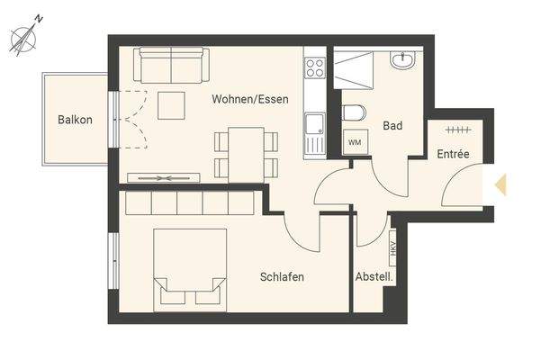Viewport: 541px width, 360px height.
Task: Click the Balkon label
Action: click(75, 120)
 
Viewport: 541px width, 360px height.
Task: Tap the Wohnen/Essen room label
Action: click(250, 99)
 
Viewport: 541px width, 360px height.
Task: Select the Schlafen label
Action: click(282, 277)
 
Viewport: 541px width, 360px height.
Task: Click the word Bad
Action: click(392, 127)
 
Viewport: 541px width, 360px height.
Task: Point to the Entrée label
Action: click(454, 154)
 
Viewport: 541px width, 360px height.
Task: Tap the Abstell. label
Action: click(374, 276)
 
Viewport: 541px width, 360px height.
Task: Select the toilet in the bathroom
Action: click(353, 112)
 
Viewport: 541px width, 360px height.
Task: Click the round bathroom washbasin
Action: click(402, 60)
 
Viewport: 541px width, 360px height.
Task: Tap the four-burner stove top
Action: click(315, 67)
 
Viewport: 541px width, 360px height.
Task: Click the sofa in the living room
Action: click(169, 64)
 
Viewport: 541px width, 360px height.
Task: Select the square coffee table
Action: click(169, 105)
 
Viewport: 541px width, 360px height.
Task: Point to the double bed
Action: click(188, 265)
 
